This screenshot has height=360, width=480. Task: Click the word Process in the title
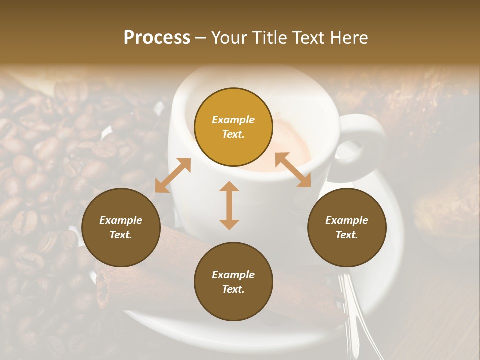pyautogui.click(x=157, y=38)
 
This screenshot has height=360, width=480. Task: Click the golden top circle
pyautogui.click(x=233, y=127)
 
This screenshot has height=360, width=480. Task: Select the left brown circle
pyautogui.click(x=121, y=227)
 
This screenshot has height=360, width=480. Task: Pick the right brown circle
pyautogui.click(x=347, y=227)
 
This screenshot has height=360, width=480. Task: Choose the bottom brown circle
pyautogui.click(x=233, y=282)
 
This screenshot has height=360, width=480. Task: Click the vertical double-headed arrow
pyautogui.click(x=229, y=205)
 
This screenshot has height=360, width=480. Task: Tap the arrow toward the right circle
pyautogui.click(x=293, y=170)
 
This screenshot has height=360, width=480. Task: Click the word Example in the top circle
pyautogui.click(x=233, y=120)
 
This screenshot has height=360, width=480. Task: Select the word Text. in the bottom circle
pyautogui.click(x=233, y=289)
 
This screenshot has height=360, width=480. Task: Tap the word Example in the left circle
pyautogui.click(x=121, y=220)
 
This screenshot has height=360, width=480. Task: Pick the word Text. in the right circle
pyautogui.click(x=347, y=235)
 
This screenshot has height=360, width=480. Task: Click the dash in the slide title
pyautogui.click(x=201, y=38)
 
